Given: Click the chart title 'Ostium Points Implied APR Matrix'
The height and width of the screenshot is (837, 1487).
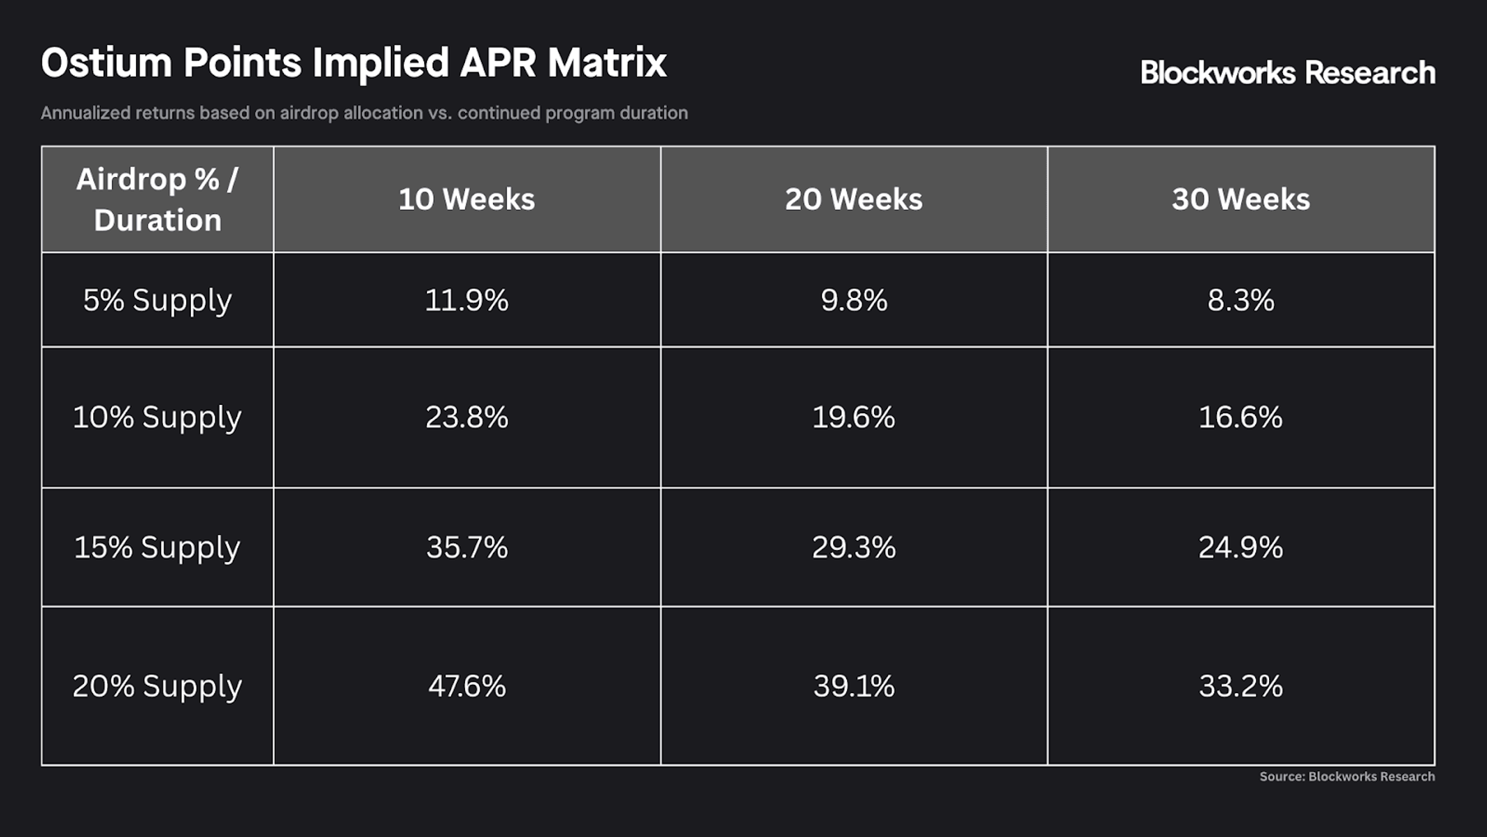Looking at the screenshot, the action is pos(353,64).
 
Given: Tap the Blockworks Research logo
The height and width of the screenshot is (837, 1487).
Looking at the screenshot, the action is pos(1288,73).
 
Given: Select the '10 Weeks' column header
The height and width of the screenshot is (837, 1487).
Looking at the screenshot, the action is pos(467,199).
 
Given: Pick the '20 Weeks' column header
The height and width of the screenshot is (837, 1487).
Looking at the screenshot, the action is pos(854,199).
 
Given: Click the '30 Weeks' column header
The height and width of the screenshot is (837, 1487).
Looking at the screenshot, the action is pos(1241,199).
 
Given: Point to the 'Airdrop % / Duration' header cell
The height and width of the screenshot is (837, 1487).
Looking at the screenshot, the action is pos(158,199).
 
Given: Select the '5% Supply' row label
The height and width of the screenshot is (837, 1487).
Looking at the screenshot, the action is pos(158,301).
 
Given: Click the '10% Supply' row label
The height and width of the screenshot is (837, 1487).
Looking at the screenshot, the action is pos(158,417).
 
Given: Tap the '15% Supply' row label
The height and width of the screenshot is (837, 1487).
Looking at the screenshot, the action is pos(158,548).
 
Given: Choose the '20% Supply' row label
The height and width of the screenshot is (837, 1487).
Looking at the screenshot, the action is pos(158,686).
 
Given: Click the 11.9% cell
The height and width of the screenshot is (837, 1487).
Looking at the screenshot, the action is pos(467,301).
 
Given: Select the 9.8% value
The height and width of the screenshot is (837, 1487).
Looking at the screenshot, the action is pos(854,301).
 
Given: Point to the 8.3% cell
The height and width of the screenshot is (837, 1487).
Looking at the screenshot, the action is pos(1241,301).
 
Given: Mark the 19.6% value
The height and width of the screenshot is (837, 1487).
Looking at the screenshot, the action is pos(854,417).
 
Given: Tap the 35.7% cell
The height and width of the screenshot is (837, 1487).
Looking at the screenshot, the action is pos(467,548).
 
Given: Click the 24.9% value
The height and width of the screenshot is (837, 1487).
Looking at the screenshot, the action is pos(1241,548).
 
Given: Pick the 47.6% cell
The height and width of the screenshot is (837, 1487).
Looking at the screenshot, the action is pos(467,686).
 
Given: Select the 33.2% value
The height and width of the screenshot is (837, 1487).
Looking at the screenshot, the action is pos(1241,686).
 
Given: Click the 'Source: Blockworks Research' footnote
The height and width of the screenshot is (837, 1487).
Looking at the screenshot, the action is pos(1347,777).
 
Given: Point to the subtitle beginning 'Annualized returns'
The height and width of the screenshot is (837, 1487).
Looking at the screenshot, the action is pos(364,113).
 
